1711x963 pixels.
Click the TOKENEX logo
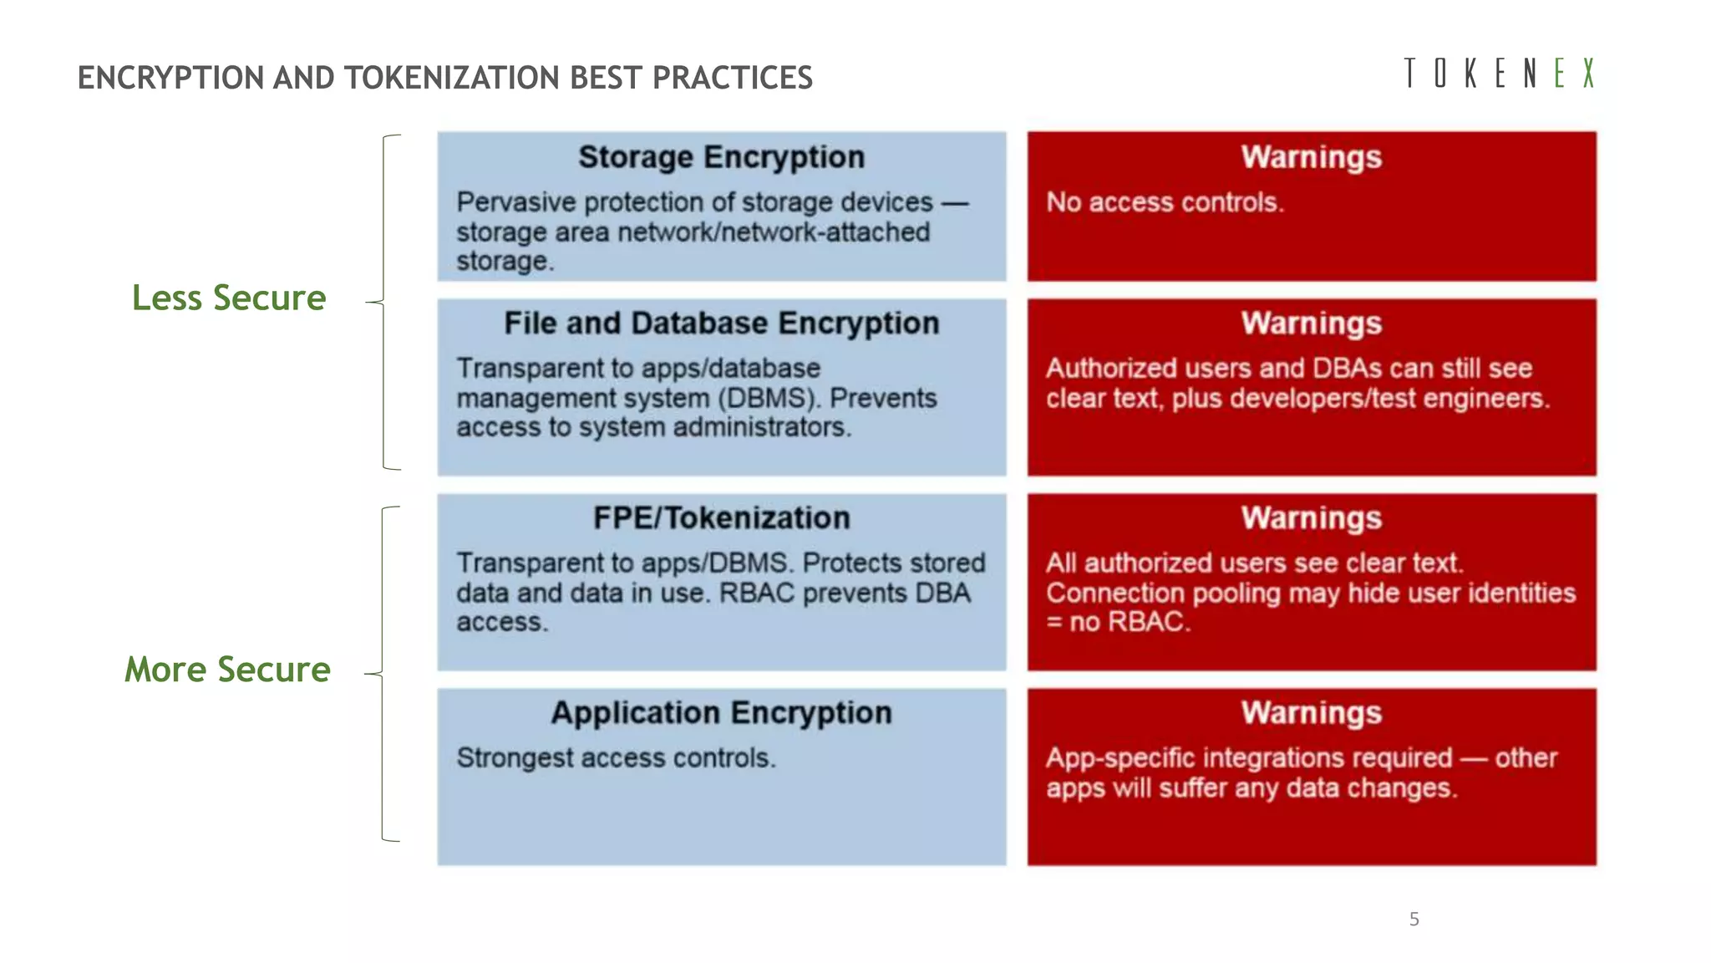tap(1499, 74)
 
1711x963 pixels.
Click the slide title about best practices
tap(444, 78)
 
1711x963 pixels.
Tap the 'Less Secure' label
tap(229, 298)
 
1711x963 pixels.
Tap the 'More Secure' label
tap(227, 670)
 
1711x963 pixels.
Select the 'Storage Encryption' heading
tap(721, 157)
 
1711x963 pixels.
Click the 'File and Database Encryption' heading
tap(721, 324)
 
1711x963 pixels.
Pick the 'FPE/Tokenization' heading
tap(721, 518)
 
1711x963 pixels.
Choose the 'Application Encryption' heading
tap(721, 713)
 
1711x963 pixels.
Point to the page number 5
tap(1414, 920)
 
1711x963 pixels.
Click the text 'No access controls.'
tap(1165, 202)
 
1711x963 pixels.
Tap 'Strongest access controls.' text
tap(616, 758)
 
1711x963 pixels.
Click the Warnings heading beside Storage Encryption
tap(1311, 157)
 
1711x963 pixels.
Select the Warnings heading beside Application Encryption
tap(1311, 713)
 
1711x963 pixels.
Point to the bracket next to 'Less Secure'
tap(384, 302)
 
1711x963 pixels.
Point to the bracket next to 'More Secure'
tap(383, 674)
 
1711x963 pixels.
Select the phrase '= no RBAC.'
tap(1118, 622)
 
